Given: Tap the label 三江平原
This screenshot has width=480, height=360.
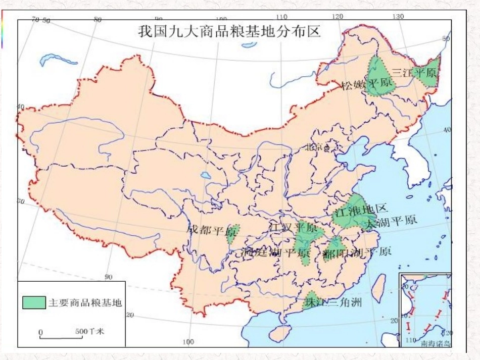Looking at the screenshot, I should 414,72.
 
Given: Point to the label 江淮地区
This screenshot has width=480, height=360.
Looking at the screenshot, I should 360,209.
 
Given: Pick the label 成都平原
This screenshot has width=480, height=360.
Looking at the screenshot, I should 211,230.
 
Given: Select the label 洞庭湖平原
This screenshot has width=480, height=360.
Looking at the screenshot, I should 275,251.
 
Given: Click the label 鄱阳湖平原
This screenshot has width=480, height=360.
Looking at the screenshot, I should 357,251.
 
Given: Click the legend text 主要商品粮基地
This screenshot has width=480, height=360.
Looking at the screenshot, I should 85,302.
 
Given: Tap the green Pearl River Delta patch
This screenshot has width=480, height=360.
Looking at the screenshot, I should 311,299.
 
